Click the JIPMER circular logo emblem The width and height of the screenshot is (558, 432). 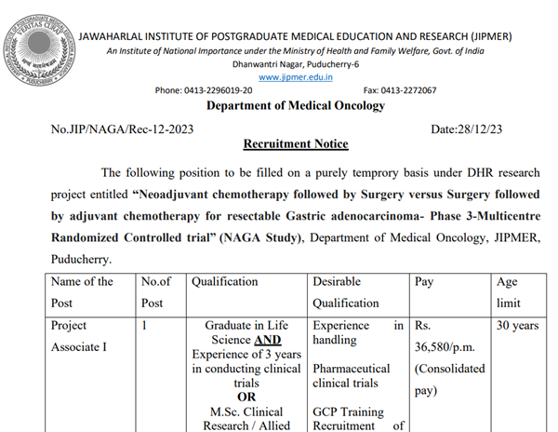click(38, 42)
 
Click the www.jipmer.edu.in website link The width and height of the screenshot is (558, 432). click(296, 77)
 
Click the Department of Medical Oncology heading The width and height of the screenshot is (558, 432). click(295, 106)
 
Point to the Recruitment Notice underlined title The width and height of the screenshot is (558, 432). click(295, 144)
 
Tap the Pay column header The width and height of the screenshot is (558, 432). click(424, 281)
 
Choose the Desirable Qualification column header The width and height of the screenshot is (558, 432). click(347, 291)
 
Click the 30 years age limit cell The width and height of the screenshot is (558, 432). click(516, 327)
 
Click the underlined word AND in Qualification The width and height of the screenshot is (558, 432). click(267, 340)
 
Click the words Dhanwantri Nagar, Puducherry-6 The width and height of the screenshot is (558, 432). click(295, 64)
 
